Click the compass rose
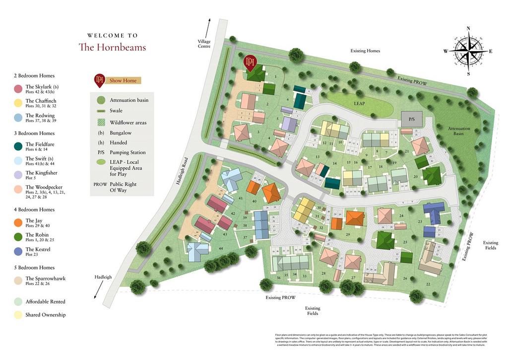[x=468, y=51]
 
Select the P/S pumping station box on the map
[x=412, y=119]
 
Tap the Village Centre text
[x=204, y=44]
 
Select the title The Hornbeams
[x=112, y=47]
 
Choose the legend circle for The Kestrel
[x=18, y=252]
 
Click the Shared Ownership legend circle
[x=18, y=314]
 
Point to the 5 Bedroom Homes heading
[x=34, y=267]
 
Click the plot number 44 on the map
[x=220, y=248]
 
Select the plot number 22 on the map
[x=428, y=284]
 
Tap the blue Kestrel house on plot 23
[x=433, y=213]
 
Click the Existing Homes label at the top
[x=365, y=51]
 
